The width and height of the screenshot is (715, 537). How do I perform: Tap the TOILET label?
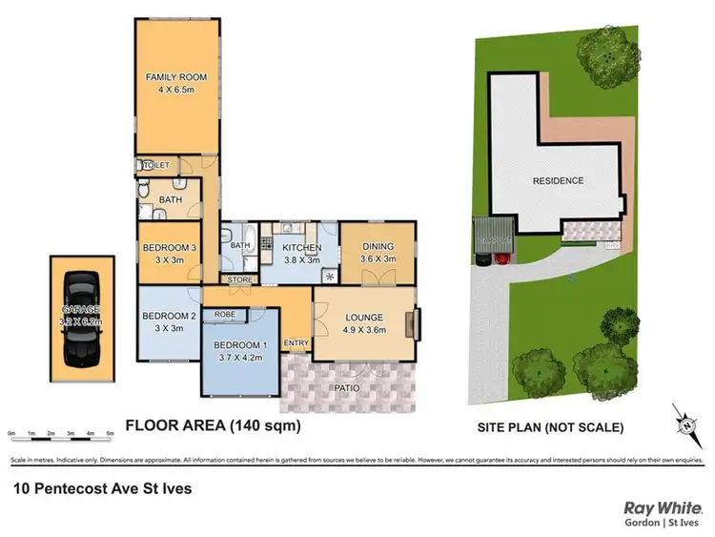155,166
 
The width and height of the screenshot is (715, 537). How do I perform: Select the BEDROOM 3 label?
169,248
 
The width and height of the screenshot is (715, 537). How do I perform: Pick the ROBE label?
225,313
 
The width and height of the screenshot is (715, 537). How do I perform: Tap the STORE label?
239,279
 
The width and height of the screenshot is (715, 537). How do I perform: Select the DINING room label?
377,246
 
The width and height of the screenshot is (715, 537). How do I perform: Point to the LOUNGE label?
363,318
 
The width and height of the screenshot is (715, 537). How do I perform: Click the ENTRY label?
296,343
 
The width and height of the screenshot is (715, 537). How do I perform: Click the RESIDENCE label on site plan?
557,180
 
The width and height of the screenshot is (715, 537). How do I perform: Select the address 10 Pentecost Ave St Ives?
102,488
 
